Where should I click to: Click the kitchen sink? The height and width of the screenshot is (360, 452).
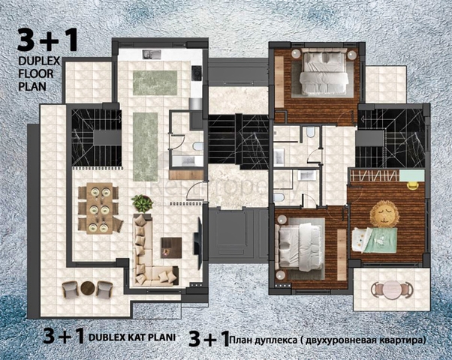click(152, 55)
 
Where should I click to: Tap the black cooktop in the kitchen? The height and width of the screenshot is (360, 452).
click(197, 73)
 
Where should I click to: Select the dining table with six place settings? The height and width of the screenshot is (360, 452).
click(99, 208)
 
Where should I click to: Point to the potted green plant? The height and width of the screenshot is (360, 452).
click(142, 203)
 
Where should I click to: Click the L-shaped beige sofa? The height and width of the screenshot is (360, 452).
click(150, 251)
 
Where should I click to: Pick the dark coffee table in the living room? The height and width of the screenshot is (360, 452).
click(171, 247)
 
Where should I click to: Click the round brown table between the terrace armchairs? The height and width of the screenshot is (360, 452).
click(88, 288)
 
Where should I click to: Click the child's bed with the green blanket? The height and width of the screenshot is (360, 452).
click(375, 239)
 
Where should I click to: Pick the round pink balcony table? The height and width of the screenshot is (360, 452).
click(392, 289)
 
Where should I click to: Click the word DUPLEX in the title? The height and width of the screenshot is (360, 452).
click(39, 61)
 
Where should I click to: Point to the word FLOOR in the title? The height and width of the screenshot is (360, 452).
click(36, 73)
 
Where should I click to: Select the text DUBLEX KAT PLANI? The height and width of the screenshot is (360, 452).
click(132, 337)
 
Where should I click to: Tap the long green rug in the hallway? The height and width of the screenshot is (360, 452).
click(146, 147)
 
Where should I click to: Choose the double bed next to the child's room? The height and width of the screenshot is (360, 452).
click(300, 247)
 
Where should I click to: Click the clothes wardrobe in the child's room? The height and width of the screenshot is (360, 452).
click(375, 175)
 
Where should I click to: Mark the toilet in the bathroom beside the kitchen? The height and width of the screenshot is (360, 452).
click(197, 146)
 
